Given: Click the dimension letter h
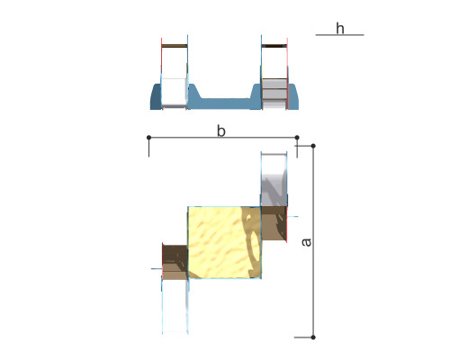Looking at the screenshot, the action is coord(340,29).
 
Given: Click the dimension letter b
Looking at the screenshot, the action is coord(221,131).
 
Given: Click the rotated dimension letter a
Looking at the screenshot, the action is coord(307,242).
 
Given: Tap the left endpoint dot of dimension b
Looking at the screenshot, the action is coord(148,138).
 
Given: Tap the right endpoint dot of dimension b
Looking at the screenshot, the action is coord(297,138).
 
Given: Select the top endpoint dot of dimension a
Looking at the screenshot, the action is coord(313,146).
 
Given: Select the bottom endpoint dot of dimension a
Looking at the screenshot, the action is coord(313,337).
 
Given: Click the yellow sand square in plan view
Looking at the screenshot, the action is coord(224,242).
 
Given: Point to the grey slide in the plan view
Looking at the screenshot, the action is coord(274,179).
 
